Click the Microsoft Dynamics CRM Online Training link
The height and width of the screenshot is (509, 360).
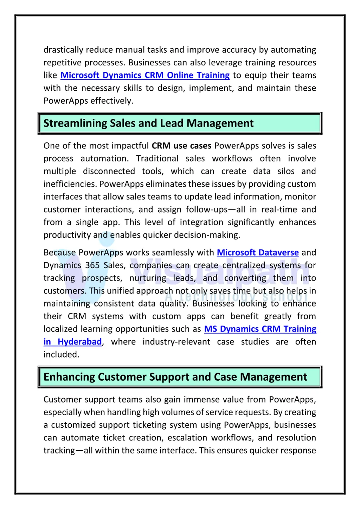coord(145,75)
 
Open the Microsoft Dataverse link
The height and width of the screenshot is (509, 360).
coord(258,252)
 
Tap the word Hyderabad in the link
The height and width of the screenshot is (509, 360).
coord(79,342)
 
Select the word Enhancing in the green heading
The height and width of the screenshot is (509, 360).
coord(69,377)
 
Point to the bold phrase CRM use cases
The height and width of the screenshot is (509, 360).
coord(181,146)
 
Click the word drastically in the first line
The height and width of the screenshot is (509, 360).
coord(63,50)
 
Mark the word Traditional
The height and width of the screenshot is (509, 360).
coord(157,159)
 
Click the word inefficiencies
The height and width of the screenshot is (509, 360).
coord(70,184)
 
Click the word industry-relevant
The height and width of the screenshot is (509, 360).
coord(176,342)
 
